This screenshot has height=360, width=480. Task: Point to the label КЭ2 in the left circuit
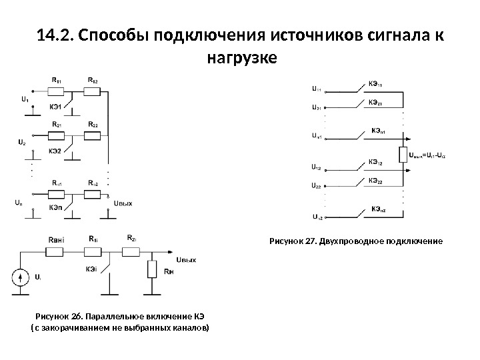click(55, 151)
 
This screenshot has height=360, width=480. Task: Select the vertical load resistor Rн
click(152, 269)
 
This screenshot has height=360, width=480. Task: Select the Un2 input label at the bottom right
click(317, 217)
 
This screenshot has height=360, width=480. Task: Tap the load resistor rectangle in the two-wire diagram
click(403, 155)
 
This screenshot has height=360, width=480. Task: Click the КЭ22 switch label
click(375, 181)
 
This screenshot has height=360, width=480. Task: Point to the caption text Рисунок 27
click(294, 239)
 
